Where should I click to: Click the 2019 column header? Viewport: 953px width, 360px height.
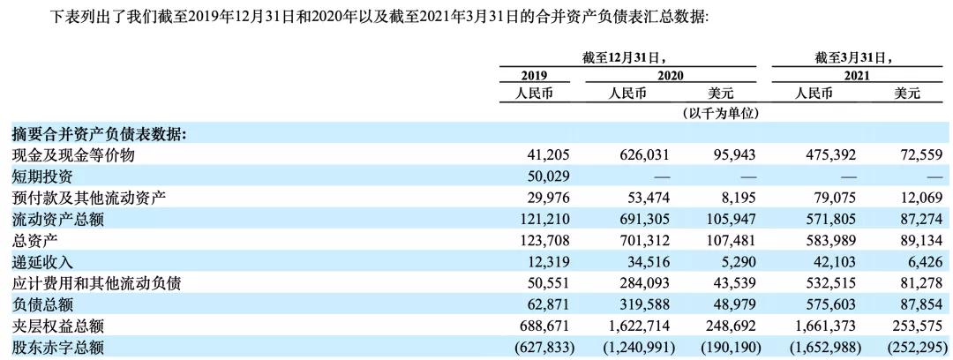click(x=535, y=76)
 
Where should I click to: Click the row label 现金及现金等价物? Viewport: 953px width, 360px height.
click(x=71, y=155)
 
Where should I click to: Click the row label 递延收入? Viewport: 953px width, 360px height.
click(x=42, y=262)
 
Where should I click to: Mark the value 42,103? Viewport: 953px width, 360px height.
click(x=830, y=262)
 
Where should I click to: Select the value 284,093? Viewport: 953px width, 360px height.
click(x=647, y=283)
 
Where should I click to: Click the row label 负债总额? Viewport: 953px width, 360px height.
click(x=42, y=305)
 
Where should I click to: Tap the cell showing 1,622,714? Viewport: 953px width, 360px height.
click(x=640, y=326)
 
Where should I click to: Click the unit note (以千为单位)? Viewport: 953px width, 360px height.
click(x=721, y=113)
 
